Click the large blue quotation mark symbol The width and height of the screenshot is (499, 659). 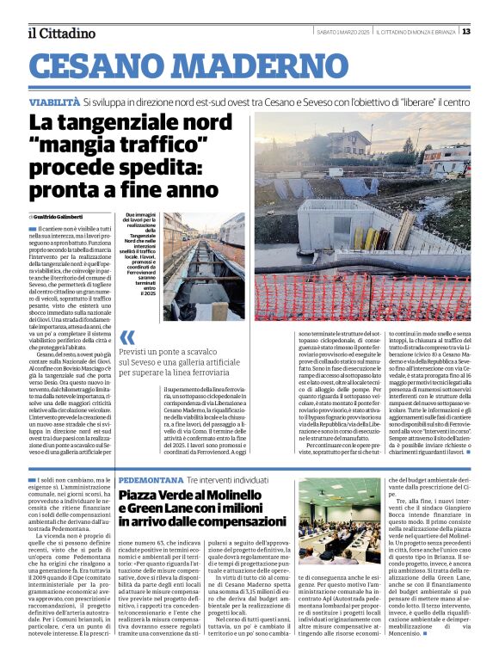click(x=126, y=337)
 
